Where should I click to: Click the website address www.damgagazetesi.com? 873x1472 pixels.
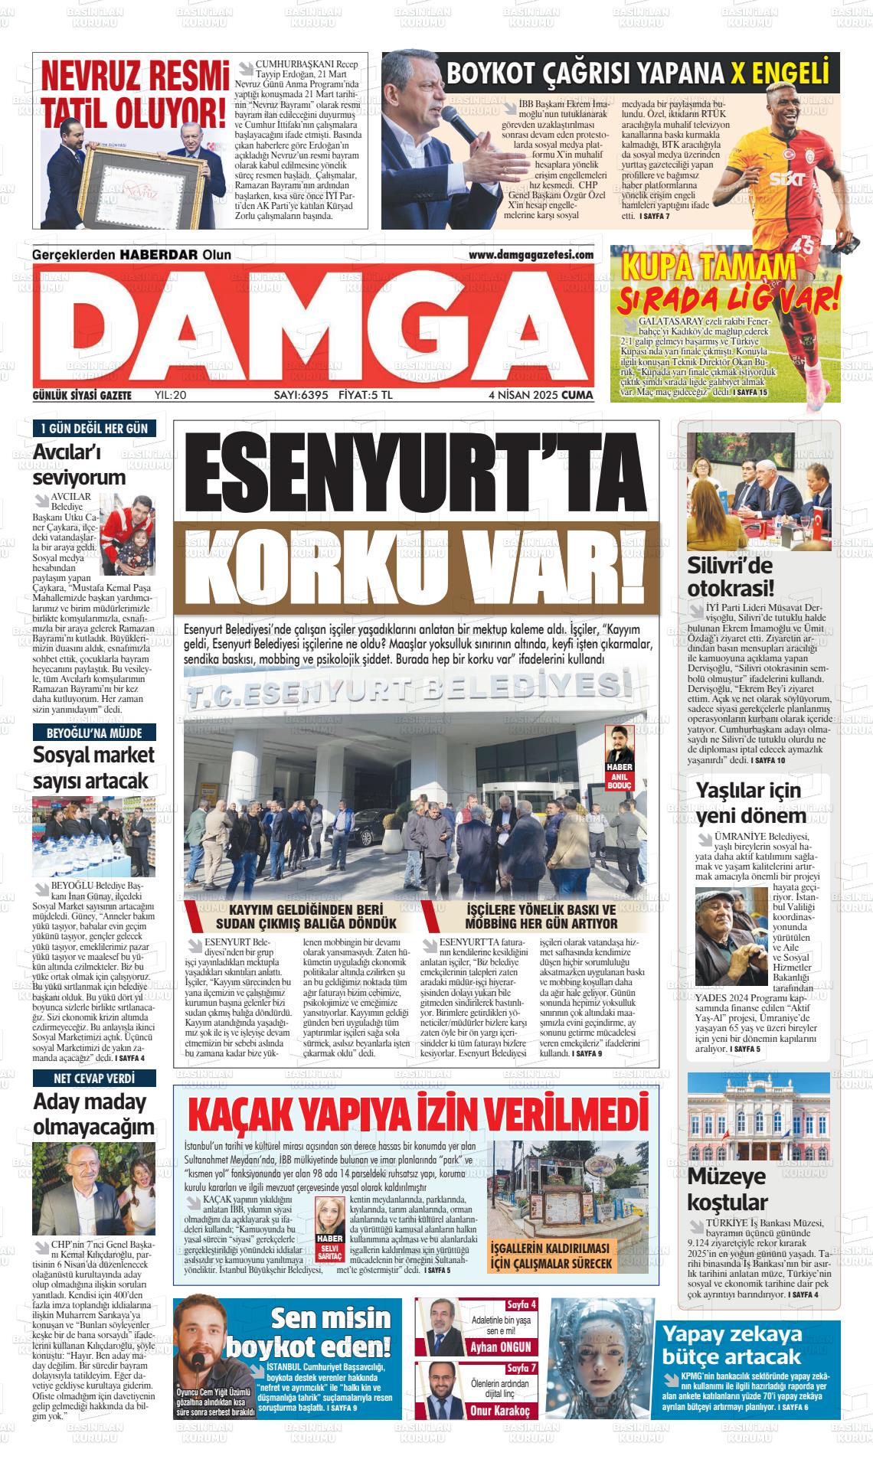pos(531,255)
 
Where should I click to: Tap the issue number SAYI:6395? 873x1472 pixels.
pos(301,395)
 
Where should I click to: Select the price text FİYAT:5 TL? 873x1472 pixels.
pos(365,395)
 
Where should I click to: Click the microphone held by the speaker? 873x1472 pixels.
pos(459,126)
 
